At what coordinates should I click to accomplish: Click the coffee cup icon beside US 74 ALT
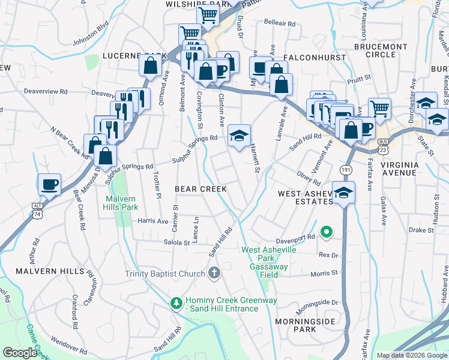[49, 183]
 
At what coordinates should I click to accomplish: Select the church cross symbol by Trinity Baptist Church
[214, 274]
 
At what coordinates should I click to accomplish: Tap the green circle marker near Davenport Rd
[327, 231]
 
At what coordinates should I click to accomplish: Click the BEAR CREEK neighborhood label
[200, 189]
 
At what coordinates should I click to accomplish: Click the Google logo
[20, 353]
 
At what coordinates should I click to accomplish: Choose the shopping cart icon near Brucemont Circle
[379, 108]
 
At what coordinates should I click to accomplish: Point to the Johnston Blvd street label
[90, 34]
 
